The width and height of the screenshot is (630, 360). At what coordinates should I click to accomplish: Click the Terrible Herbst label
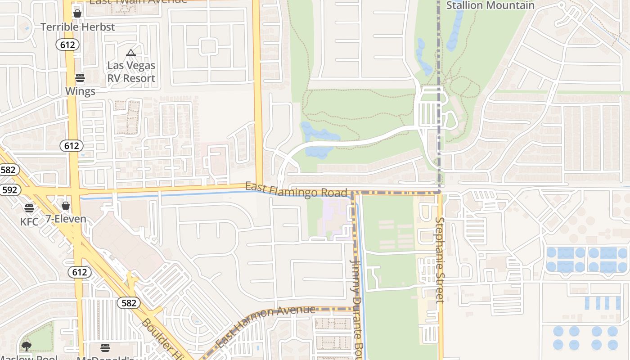pyautogui.click(x=78, y=27)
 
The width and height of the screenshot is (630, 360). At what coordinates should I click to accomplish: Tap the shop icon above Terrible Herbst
pyautogui.click(x=77, y=13)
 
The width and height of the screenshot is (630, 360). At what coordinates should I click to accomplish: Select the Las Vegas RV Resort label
pyautogui.click(x=131, y=72)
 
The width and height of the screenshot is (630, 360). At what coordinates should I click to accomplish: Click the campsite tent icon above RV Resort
pyautogui.click(x=131, y=53)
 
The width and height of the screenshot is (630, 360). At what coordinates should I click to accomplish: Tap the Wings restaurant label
pyautogui.click(x=80, y=91)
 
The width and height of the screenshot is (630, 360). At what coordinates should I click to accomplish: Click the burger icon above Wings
pyautogui.click(x=80, y=78)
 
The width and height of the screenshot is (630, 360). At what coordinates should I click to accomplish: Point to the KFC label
pyautogui.click(x=29, y=221)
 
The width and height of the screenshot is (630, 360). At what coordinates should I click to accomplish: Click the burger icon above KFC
pyautogui.click(x=29, y=208)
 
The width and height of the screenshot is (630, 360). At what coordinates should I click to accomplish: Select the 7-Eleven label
pyautogui.click(x=66, y=219)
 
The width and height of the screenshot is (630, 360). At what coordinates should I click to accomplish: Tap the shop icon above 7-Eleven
pyautogui.click(x=66, y=206)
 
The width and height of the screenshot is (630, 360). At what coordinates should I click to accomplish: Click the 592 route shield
pyautogui.click(x=9, y=190)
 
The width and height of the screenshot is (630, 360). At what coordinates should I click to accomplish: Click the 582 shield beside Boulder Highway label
pyautogui.click(x=129, y=303)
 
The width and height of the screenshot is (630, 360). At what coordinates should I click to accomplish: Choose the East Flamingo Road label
pyautogui.click(x=297, y=190)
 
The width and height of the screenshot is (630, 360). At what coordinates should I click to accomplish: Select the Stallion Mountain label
pyautogui.click(x=490, y=5)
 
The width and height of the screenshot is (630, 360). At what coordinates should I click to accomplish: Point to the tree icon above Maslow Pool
pyautogui.click(x=27, y=346)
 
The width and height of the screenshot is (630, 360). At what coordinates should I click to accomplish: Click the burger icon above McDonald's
pyautogui.click(x=105, y=347)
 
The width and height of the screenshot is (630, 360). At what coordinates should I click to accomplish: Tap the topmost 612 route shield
pyautogui.click(x=68, y=44)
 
